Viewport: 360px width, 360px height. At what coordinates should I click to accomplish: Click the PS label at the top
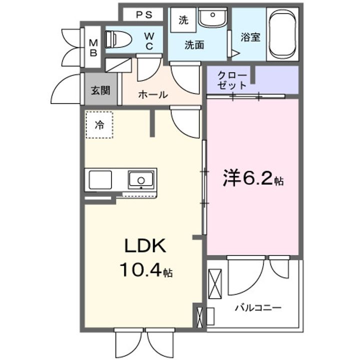143,15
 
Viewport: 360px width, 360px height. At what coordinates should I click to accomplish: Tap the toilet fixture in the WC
118,38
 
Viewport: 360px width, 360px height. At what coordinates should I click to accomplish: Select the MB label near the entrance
93,48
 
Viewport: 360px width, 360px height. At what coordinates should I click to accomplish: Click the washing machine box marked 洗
183,20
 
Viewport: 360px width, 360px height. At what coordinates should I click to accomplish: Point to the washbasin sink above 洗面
212,18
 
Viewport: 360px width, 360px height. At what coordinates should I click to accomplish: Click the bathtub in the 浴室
283,33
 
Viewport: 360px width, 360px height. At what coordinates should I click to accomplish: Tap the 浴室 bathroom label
250,37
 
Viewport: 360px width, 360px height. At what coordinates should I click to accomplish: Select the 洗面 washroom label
194,44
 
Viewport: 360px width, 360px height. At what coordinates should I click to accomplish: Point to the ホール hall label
152,94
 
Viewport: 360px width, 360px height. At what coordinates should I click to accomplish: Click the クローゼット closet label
232,80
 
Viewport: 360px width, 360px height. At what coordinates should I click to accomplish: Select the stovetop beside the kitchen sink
100,179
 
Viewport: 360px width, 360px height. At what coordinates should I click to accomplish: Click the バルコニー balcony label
258,307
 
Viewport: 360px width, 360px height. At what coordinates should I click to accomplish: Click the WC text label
149,40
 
